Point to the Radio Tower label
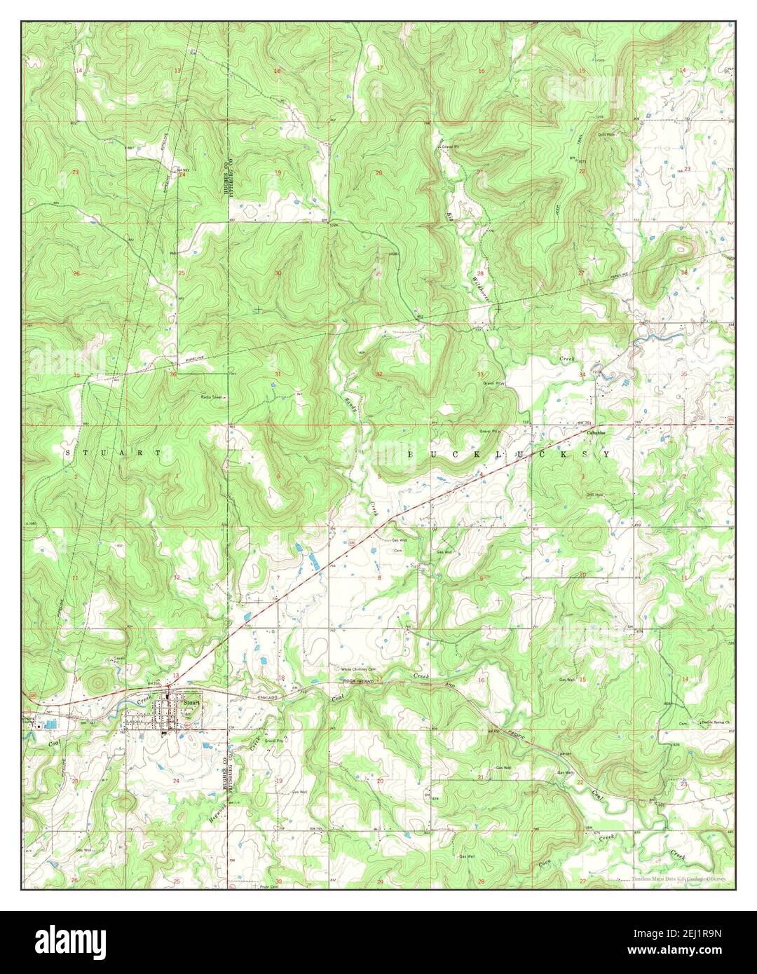coord(212,397)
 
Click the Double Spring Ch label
coord(712,722)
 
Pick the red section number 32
coord(378,374)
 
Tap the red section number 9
coord(481,577)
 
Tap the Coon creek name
coord(544,860)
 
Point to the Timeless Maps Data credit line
coord(677,879)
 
